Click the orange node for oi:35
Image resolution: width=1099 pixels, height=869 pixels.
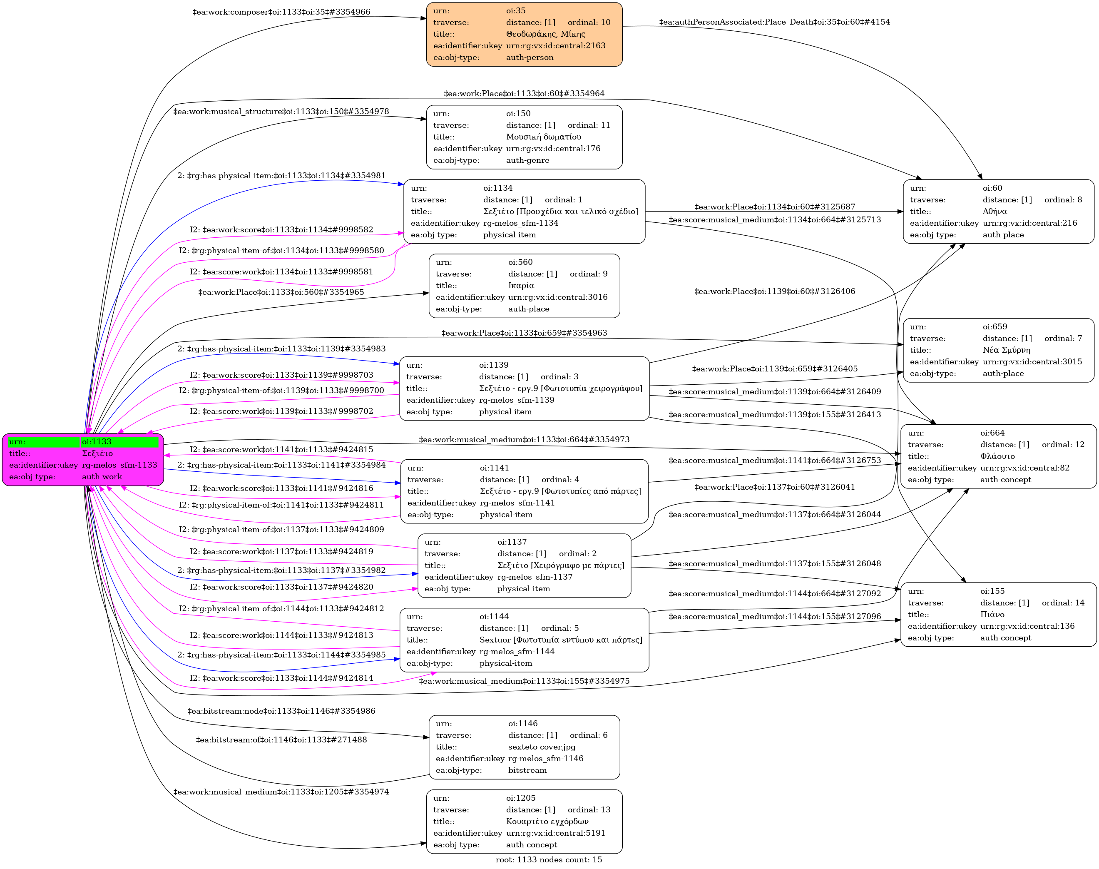[524, 34]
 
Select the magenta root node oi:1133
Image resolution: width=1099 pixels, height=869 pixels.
[83, 459]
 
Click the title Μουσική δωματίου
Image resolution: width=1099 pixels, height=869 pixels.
[543, 137]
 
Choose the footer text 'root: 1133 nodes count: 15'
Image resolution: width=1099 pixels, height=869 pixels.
[549, 859]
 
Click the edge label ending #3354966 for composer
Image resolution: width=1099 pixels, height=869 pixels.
[281, 12]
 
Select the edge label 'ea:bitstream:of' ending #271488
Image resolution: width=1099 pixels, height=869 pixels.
[281, 740]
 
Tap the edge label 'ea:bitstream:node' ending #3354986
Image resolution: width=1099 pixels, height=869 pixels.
[281, 711]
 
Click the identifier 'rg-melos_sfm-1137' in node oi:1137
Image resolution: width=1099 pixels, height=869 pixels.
[535, 577]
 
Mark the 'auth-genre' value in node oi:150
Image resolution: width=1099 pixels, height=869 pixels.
[527, 160]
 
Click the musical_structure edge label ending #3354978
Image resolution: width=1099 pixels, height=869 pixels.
[281, 112]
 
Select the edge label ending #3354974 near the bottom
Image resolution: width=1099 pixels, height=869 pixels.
[281, 792]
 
